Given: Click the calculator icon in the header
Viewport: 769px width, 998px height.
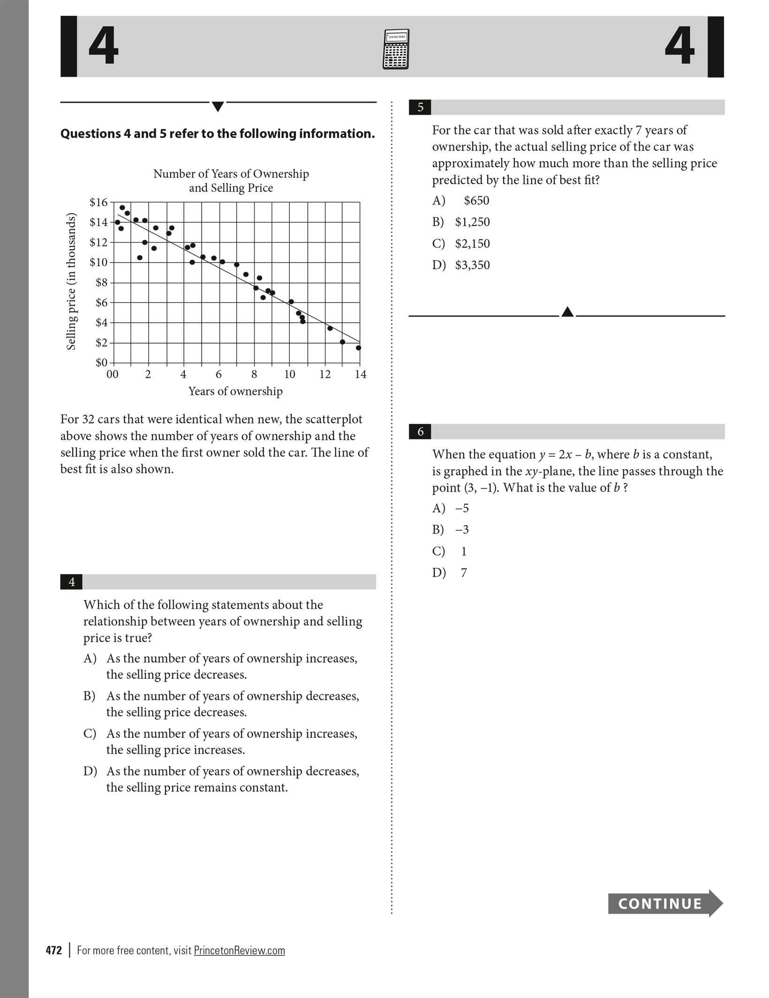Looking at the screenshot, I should click(396, 49).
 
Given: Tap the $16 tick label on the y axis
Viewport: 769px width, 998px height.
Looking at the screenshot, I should click(98, 203).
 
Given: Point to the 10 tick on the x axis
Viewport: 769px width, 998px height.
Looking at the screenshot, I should click(289, 374).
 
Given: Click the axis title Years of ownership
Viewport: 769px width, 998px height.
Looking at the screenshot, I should click(235, 391).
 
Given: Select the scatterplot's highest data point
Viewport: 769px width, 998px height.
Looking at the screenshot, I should click(122, 208).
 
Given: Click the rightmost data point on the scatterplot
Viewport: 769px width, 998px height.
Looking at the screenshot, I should click(359, 348).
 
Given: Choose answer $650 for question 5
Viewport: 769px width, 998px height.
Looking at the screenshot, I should click(476, 201).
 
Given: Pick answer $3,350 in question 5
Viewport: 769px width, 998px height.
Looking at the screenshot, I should click(472, 265).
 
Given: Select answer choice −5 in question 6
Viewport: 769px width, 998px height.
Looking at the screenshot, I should click(462, 508).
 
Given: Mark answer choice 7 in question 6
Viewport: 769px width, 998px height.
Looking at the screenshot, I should click(464, 572).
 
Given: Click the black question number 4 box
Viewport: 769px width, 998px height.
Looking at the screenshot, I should click(72, 582).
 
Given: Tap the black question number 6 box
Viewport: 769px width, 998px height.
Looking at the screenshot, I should click(420, 432).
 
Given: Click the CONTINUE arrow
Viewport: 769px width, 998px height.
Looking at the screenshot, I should click(665, 903).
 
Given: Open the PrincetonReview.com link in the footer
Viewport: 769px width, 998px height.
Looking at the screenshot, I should click(239, 950).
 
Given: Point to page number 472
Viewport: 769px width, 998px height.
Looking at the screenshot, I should click(54, 950).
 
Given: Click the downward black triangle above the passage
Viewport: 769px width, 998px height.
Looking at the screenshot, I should click(218, 107).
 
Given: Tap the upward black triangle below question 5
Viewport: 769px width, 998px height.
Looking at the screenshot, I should click(567, 312).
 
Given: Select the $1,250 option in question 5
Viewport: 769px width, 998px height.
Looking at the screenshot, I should click(472, 222).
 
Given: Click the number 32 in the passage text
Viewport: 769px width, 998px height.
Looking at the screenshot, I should click(89, 419).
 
